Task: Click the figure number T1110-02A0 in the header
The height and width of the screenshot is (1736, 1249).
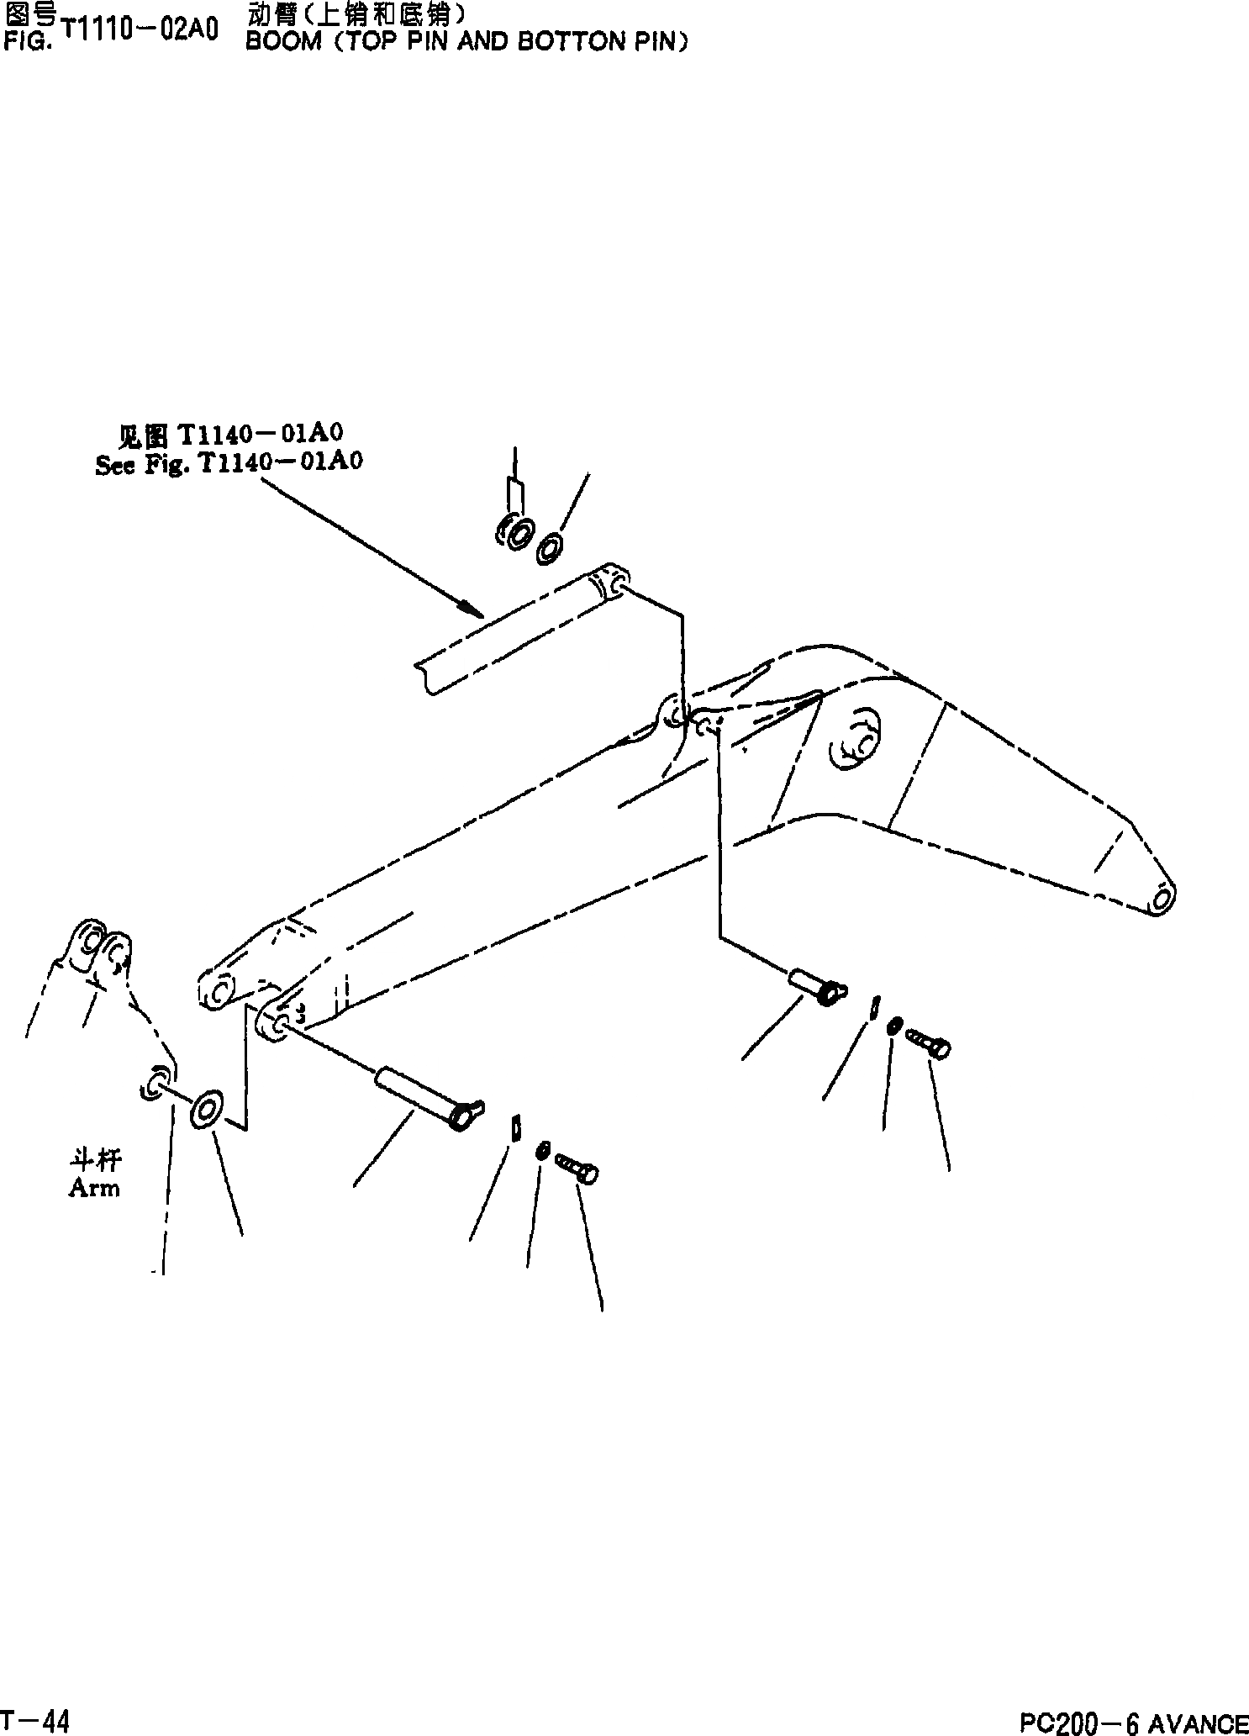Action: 140,30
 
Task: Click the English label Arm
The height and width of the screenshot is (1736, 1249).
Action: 94,1188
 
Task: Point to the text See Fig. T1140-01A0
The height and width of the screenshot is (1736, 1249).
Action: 229,464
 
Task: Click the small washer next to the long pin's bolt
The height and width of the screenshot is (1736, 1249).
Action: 543,1149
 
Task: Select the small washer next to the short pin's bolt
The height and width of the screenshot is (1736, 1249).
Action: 895,1024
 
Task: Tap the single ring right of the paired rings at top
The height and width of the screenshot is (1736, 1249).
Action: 551,546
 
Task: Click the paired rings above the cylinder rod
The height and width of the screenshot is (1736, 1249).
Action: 514,533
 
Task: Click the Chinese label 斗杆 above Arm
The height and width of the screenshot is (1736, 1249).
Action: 95,1160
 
